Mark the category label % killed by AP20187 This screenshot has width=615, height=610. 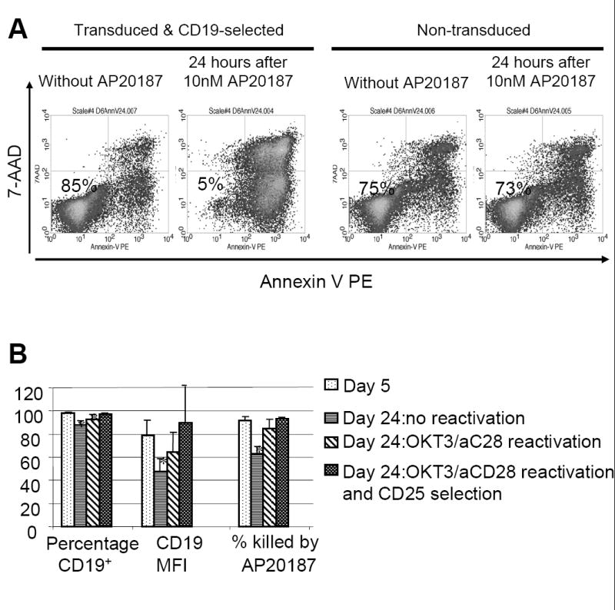pos(274,553)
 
